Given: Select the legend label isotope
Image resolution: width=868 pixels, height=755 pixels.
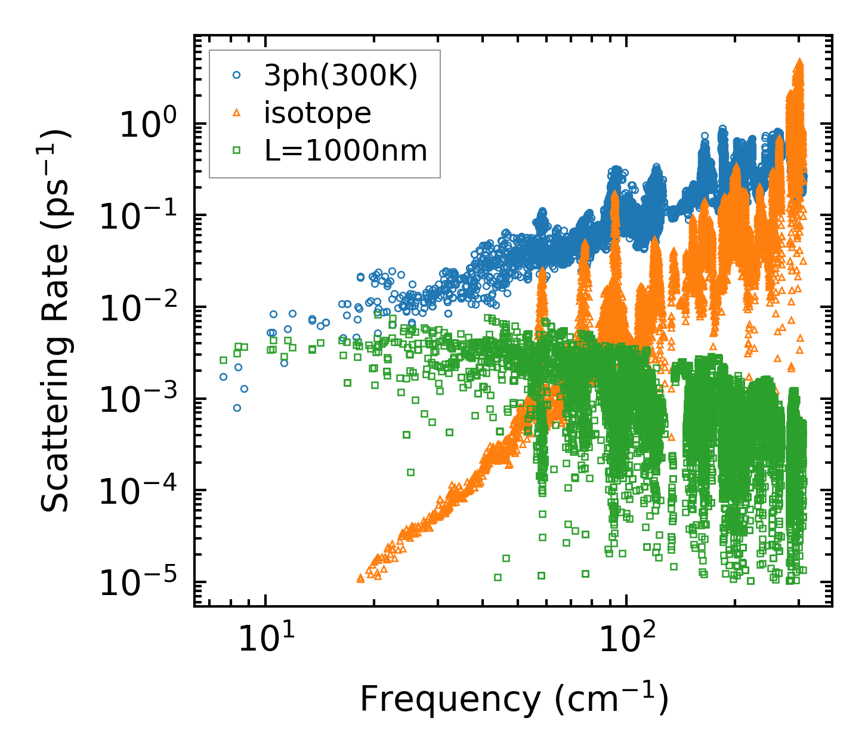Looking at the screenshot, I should (317, 113).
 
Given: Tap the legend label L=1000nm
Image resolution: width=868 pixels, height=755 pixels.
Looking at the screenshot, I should (346, 151).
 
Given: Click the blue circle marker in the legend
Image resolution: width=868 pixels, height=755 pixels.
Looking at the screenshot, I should (236, 75).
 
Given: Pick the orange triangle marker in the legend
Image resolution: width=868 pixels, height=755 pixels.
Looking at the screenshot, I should (236, 113).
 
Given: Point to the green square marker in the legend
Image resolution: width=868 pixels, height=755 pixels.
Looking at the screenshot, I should (236, 151).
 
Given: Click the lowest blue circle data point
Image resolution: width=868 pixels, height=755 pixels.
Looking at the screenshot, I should (237, 408).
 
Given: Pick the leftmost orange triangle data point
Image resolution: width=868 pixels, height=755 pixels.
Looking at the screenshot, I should (360, 578).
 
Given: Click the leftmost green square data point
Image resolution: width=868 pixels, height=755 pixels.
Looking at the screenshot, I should (223, 360).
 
